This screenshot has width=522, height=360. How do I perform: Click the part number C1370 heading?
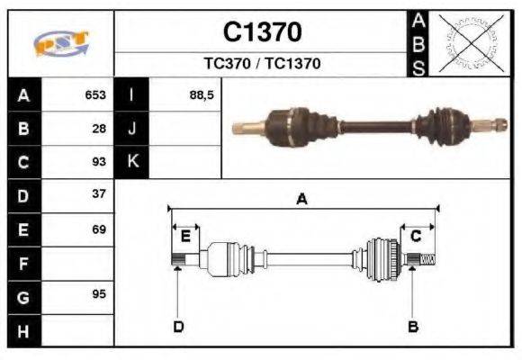(x=262, y=33)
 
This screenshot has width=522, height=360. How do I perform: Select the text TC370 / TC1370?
(x=262, y=64)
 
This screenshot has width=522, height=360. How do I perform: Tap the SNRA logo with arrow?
(x=61, y=43)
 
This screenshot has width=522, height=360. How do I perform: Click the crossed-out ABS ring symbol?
(x=467, y=43)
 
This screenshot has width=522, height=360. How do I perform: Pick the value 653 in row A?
(x=95, y=94)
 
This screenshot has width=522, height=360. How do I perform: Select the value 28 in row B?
(x=99, y=128)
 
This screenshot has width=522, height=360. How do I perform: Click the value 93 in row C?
(x=99, y=162)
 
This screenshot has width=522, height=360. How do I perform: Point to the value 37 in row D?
(x=99, y=194)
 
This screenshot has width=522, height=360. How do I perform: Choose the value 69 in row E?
(x=99, y=229)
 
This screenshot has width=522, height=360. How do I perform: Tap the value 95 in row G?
(x=99, y=295)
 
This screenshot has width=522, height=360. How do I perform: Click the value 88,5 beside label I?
(x=202, y=94)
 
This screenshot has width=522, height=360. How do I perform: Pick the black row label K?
(x=131, y=162)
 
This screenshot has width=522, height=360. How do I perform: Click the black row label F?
(x=23, y=263)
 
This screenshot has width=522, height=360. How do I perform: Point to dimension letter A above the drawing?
(x=302, y=201)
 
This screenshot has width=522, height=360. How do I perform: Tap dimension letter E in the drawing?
(x=185, y=237)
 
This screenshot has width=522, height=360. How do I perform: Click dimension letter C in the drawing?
(x=416, y=236)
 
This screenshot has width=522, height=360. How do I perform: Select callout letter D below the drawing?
(x=178, y=326)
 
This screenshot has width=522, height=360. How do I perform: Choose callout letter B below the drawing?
(x=413, y=326)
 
